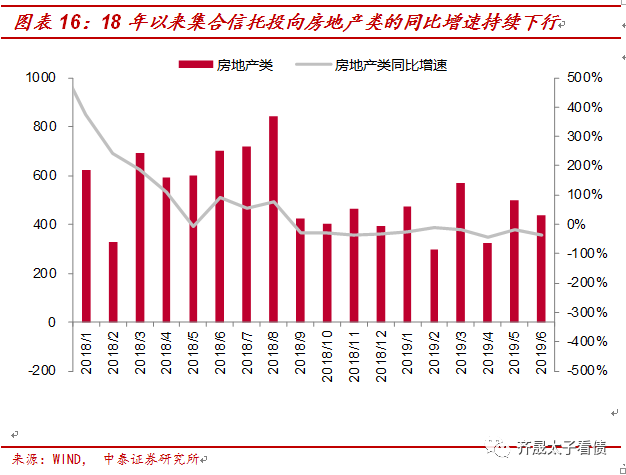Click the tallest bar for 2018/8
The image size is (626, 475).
coord(273,219)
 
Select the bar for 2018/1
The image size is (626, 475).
coord(86,246)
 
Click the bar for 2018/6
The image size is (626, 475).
coord(220,236)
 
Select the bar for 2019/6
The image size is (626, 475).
coord(540,269)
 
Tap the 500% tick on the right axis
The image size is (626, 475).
coord(584,78)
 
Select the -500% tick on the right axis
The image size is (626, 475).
coord(582,371)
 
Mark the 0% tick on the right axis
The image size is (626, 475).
coord(577,225)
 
